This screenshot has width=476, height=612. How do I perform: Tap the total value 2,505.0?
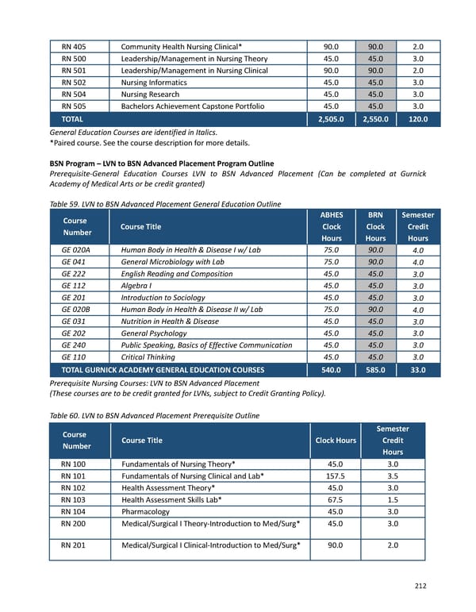click(331, 119)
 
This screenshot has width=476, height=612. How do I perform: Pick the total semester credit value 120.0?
click(417, 119)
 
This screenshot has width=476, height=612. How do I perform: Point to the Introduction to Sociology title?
click(163, 298)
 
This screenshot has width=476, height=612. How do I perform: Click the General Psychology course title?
click(155, 333)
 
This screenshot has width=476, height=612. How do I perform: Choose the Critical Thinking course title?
click(149, 357)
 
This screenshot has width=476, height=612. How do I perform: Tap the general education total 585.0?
click(374, 370)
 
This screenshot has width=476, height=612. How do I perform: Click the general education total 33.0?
click(417, 370)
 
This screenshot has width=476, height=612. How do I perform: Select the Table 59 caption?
click(165, 204)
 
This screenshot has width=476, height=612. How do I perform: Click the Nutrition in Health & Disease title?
click(170, 321)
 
